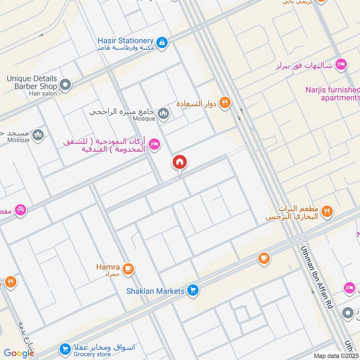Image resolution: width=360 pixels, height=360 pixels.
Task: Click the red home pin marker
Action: (180, 162)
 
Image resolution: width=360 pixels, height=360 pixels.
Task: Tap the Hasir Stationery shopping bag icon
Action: (162, 43)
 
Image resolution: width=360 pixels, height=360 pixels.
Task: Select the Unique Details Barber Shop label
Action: (31, 82)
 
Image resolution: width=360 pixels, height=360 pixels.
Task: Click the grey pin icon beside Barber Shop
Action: (66, 85)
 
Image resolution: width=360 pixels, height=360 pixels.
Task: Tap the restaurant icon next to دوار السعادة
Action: (225, 103)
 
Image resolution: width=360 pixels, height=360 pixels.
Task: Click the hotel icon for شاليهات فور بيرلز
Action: (341, 65)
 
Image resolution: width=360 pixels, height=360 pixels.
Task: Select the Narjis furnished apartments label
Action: (340, 94)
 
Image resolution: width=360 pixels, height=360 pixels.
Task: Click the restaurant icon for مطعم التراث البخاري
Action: (328, 210)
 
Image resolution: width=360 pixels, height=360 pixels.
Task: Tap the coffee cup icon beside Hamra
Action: (129, 269)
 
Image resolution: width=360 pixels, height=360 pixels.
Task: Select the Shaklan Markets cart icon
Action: (193, 291)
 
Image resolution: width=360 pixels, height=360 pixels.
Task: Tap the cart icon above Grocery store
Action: (65, 349)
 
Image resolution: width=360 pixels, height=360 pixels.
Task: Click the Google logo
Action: (19, 353)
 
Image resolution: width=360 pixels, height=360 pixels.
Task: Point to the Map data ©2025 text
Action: (336, 355)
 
